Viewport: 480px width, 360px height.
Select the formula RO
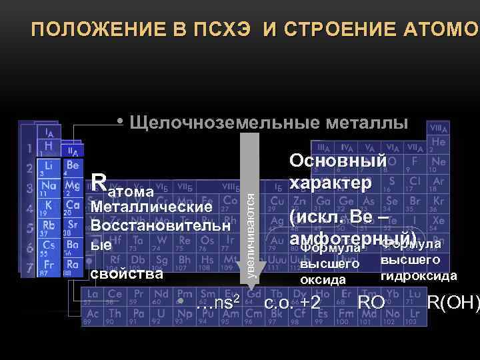[371, 303]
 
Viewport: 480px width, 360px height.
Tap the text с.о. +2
[293, 303]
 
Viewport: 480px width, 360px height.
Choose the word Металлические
[151, 207]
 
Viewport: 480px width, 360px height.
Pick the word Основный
[337, 161]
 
